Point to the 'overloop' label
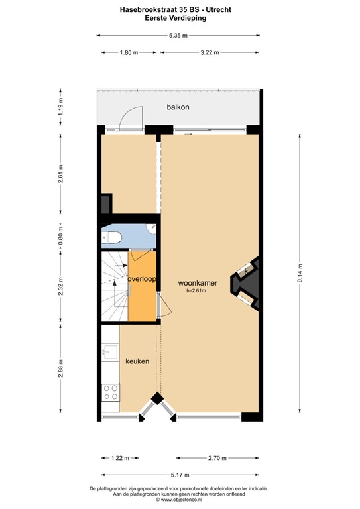coord(142,280)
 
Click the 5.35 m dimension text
coord(178,34)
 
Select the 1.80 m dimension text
coord(129,52)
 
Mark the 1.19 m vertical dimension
coord(60,106)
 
